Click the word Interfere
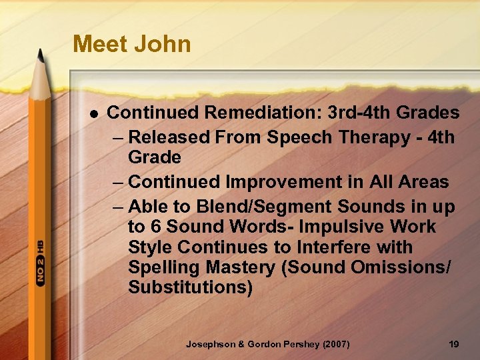325,248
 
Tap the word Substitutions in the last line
190,289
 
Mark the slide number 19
454,344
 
